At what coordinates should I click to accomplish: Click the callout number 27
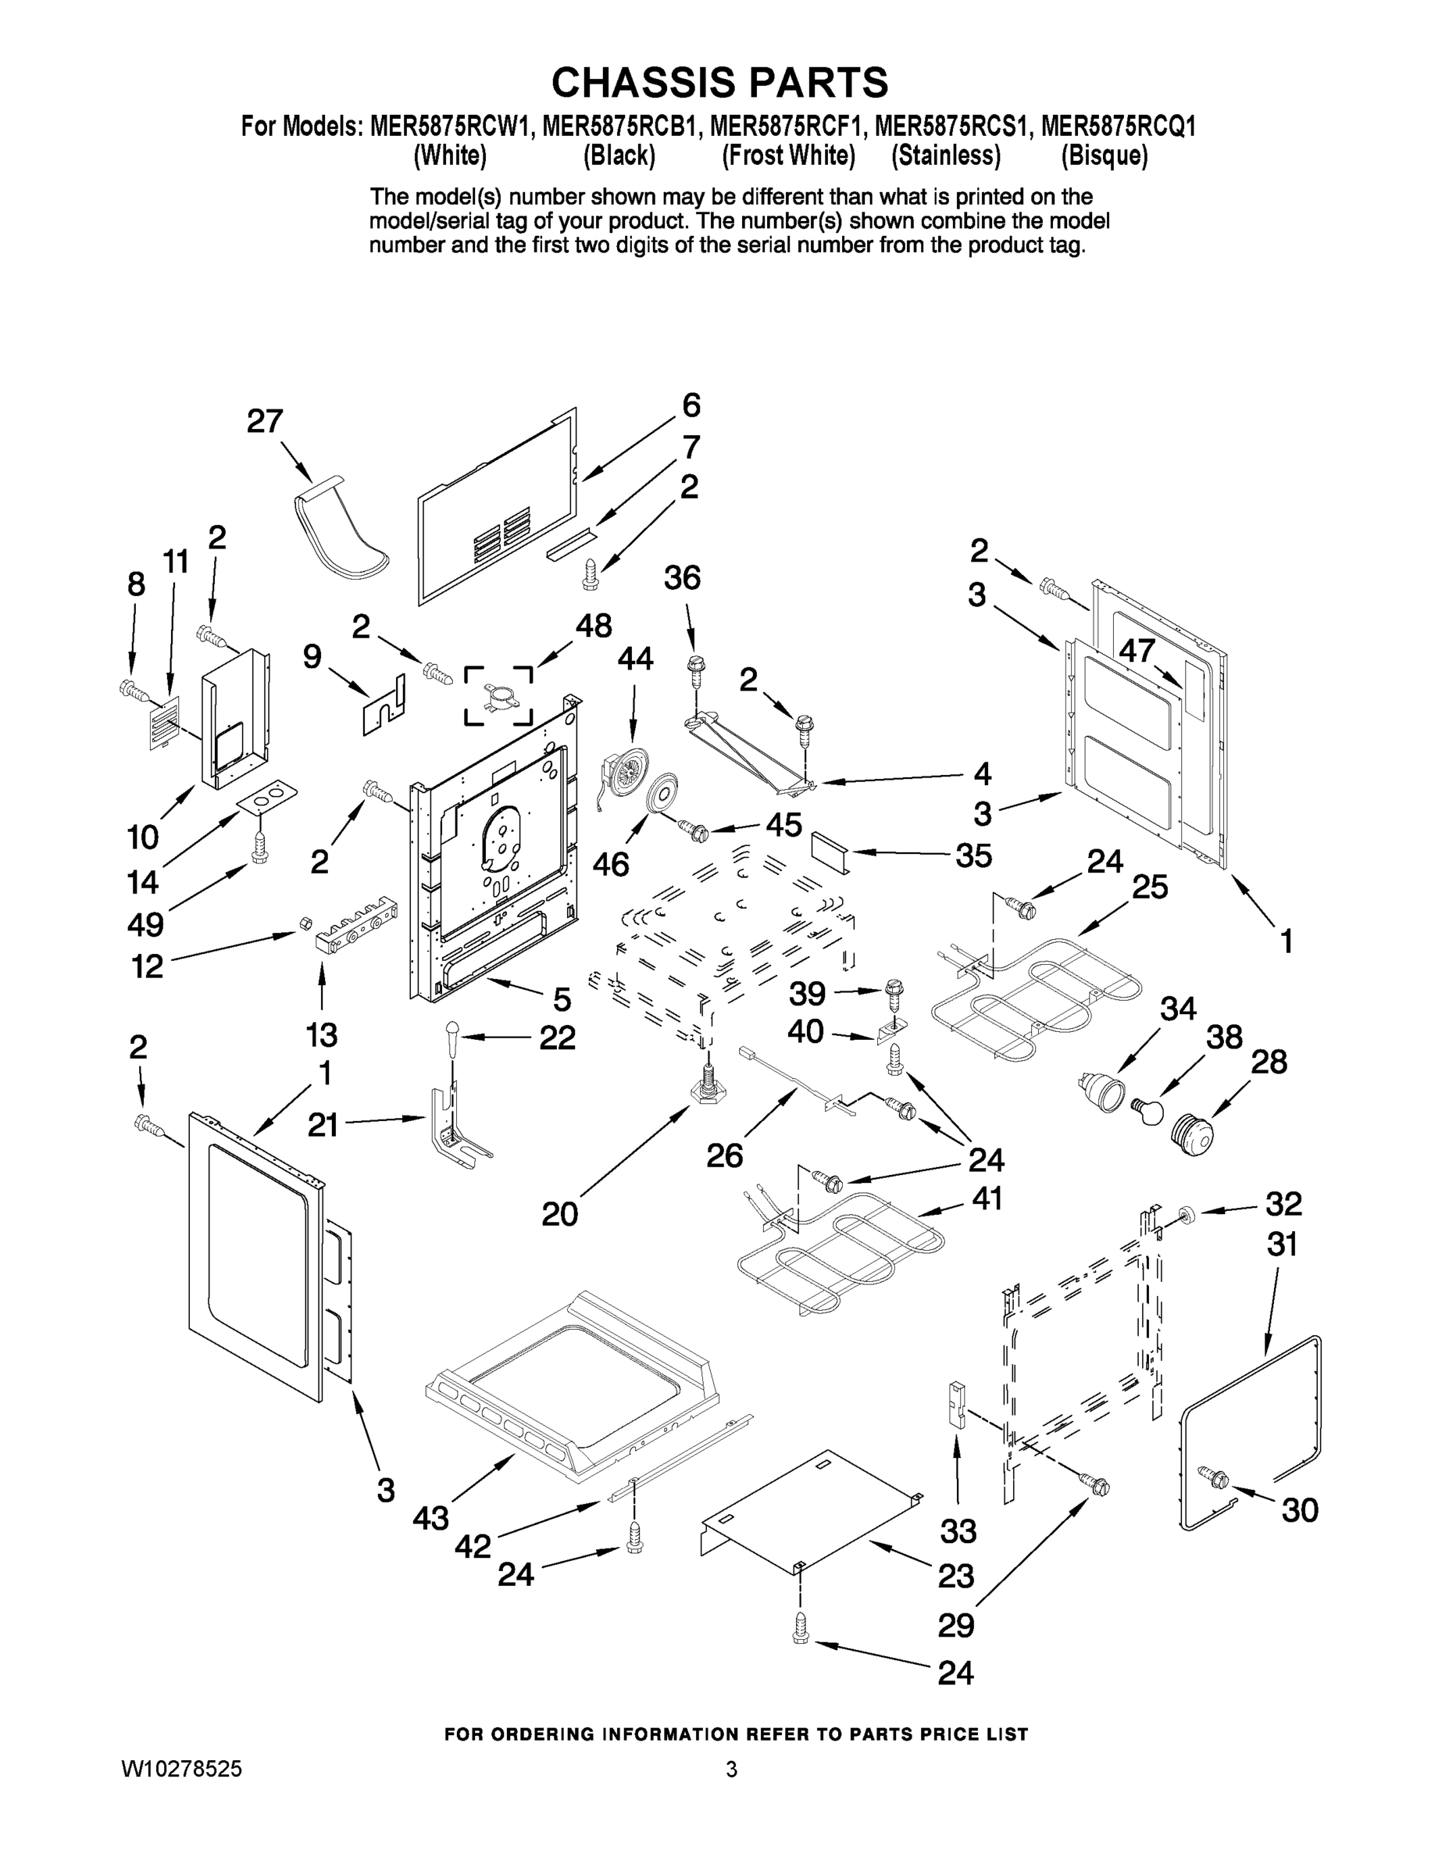tap(264, 422)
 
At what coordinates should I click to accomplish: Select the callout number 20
tap(560, 1213)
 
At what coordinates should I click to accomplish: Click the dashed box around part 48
tap(498, 695)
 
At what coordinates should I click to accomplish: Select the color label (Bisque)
tap(1104, 155)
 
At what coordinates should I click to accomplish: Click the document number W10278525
tap(181, 1769)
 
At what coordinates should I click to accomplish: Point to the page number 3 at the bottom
tap(731, 1770)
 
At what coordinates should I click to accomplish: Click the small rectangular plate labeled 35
tap(831, 851)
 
